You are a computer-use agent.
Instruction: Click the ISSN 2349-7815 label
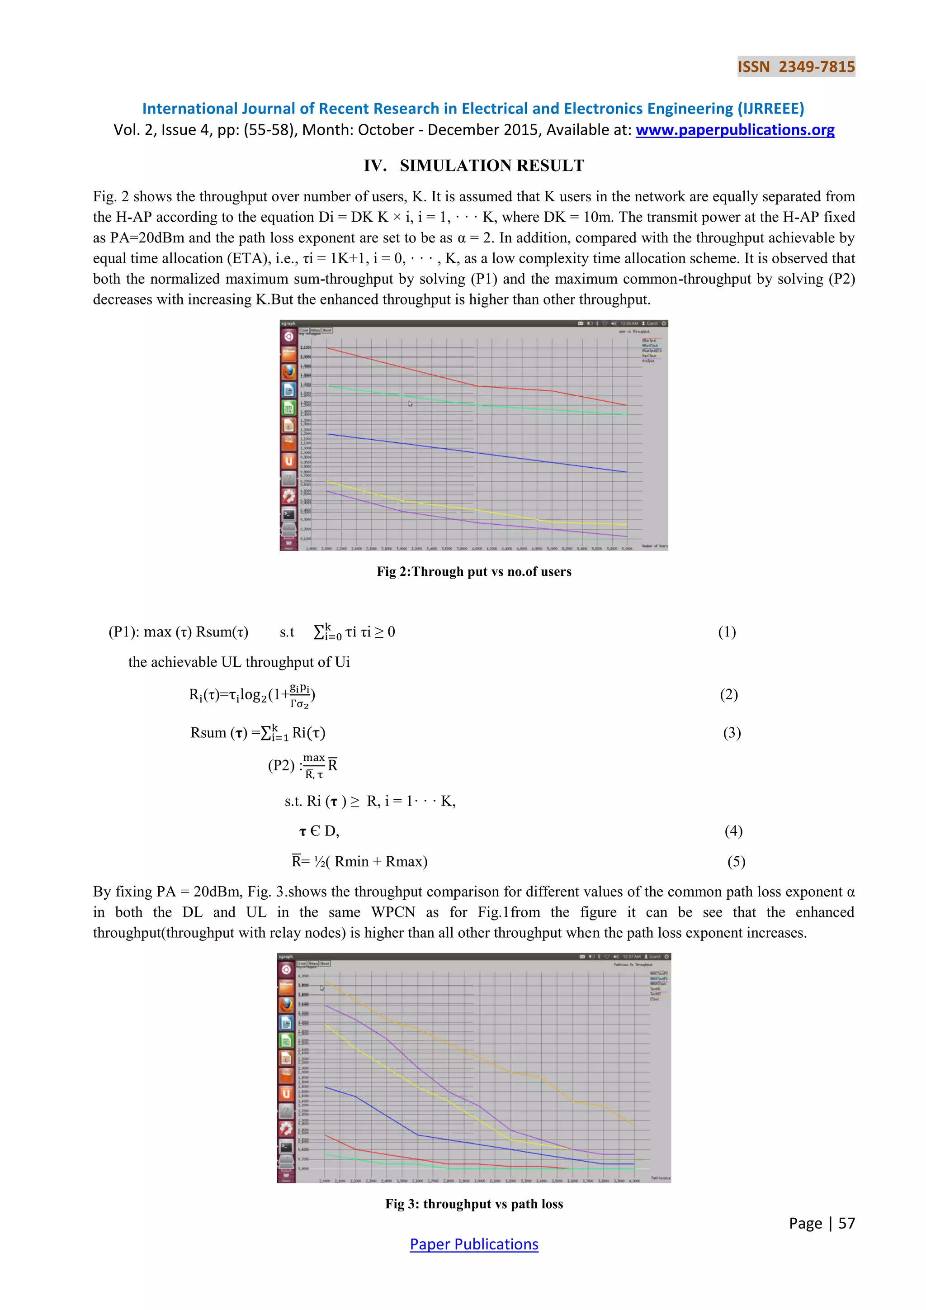pos(796,67)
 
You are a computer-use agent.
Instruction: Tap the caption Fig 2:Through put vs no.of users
pos(474,572)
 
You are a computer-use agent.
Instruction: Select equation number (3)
pos(732,733)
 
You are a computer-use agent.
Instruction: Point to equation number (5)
pos(736,862)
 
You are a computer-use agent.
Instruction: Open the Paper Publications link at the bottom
pos(474,1244)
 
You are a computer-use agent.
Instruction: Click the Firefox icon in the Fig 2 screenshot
pos(289,371)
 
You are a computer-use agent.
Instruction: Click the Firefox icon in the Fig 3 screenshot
pos(287,1004)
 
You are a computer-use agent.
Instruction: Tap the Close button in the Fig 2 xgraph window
pos(304,330)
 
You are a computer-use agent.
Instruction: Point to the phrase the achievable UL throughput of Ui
pos(239,662)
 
